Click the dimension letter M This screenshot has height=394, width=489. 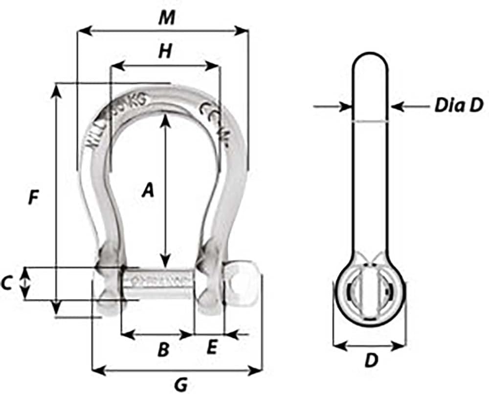[x=167, y=18]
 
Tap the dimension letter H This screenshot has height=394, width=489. [x=166, y=51]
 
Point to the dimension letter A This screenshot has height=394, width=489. [x=148, y=190]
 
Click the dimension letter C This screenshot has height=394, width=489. [x=7, y=283]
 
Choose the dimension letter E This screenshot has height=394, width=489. [x=211, y=348]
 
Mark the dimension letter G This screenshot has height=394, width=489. [x=181, y=385]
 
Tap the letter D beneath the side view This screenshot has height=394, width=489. [x=372, y=361]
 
